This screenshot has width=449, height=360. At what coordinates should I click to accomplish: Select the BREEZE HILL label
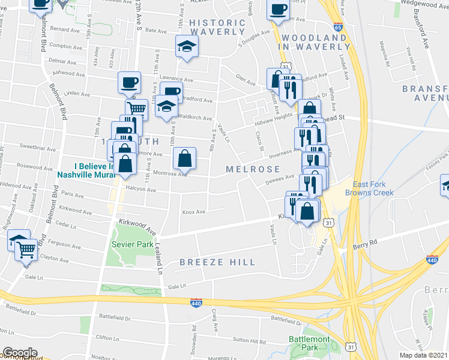[x=217, y=262]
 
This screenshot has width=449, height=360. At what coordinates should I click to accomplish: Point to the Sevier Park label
[x=132, y=245]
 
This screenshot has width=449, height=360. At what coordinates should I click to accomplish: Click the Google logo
[x=20, y=352]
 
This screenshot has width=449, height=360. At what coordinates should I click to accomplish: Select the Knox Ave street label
[x=193, y=212]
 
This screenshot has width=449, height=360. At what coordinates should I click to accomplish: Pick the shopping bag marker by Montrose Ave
[x=185, y=159]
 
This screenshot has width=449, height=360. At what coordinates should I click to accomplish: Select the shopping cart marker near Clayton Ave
[x=26, y=250]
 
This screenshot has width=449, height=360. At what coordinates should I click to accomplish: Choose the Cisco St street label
[x=259, y=143]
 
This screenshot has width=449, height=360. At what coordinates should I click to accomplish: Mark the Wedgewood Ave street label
[x=424, y=3]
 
